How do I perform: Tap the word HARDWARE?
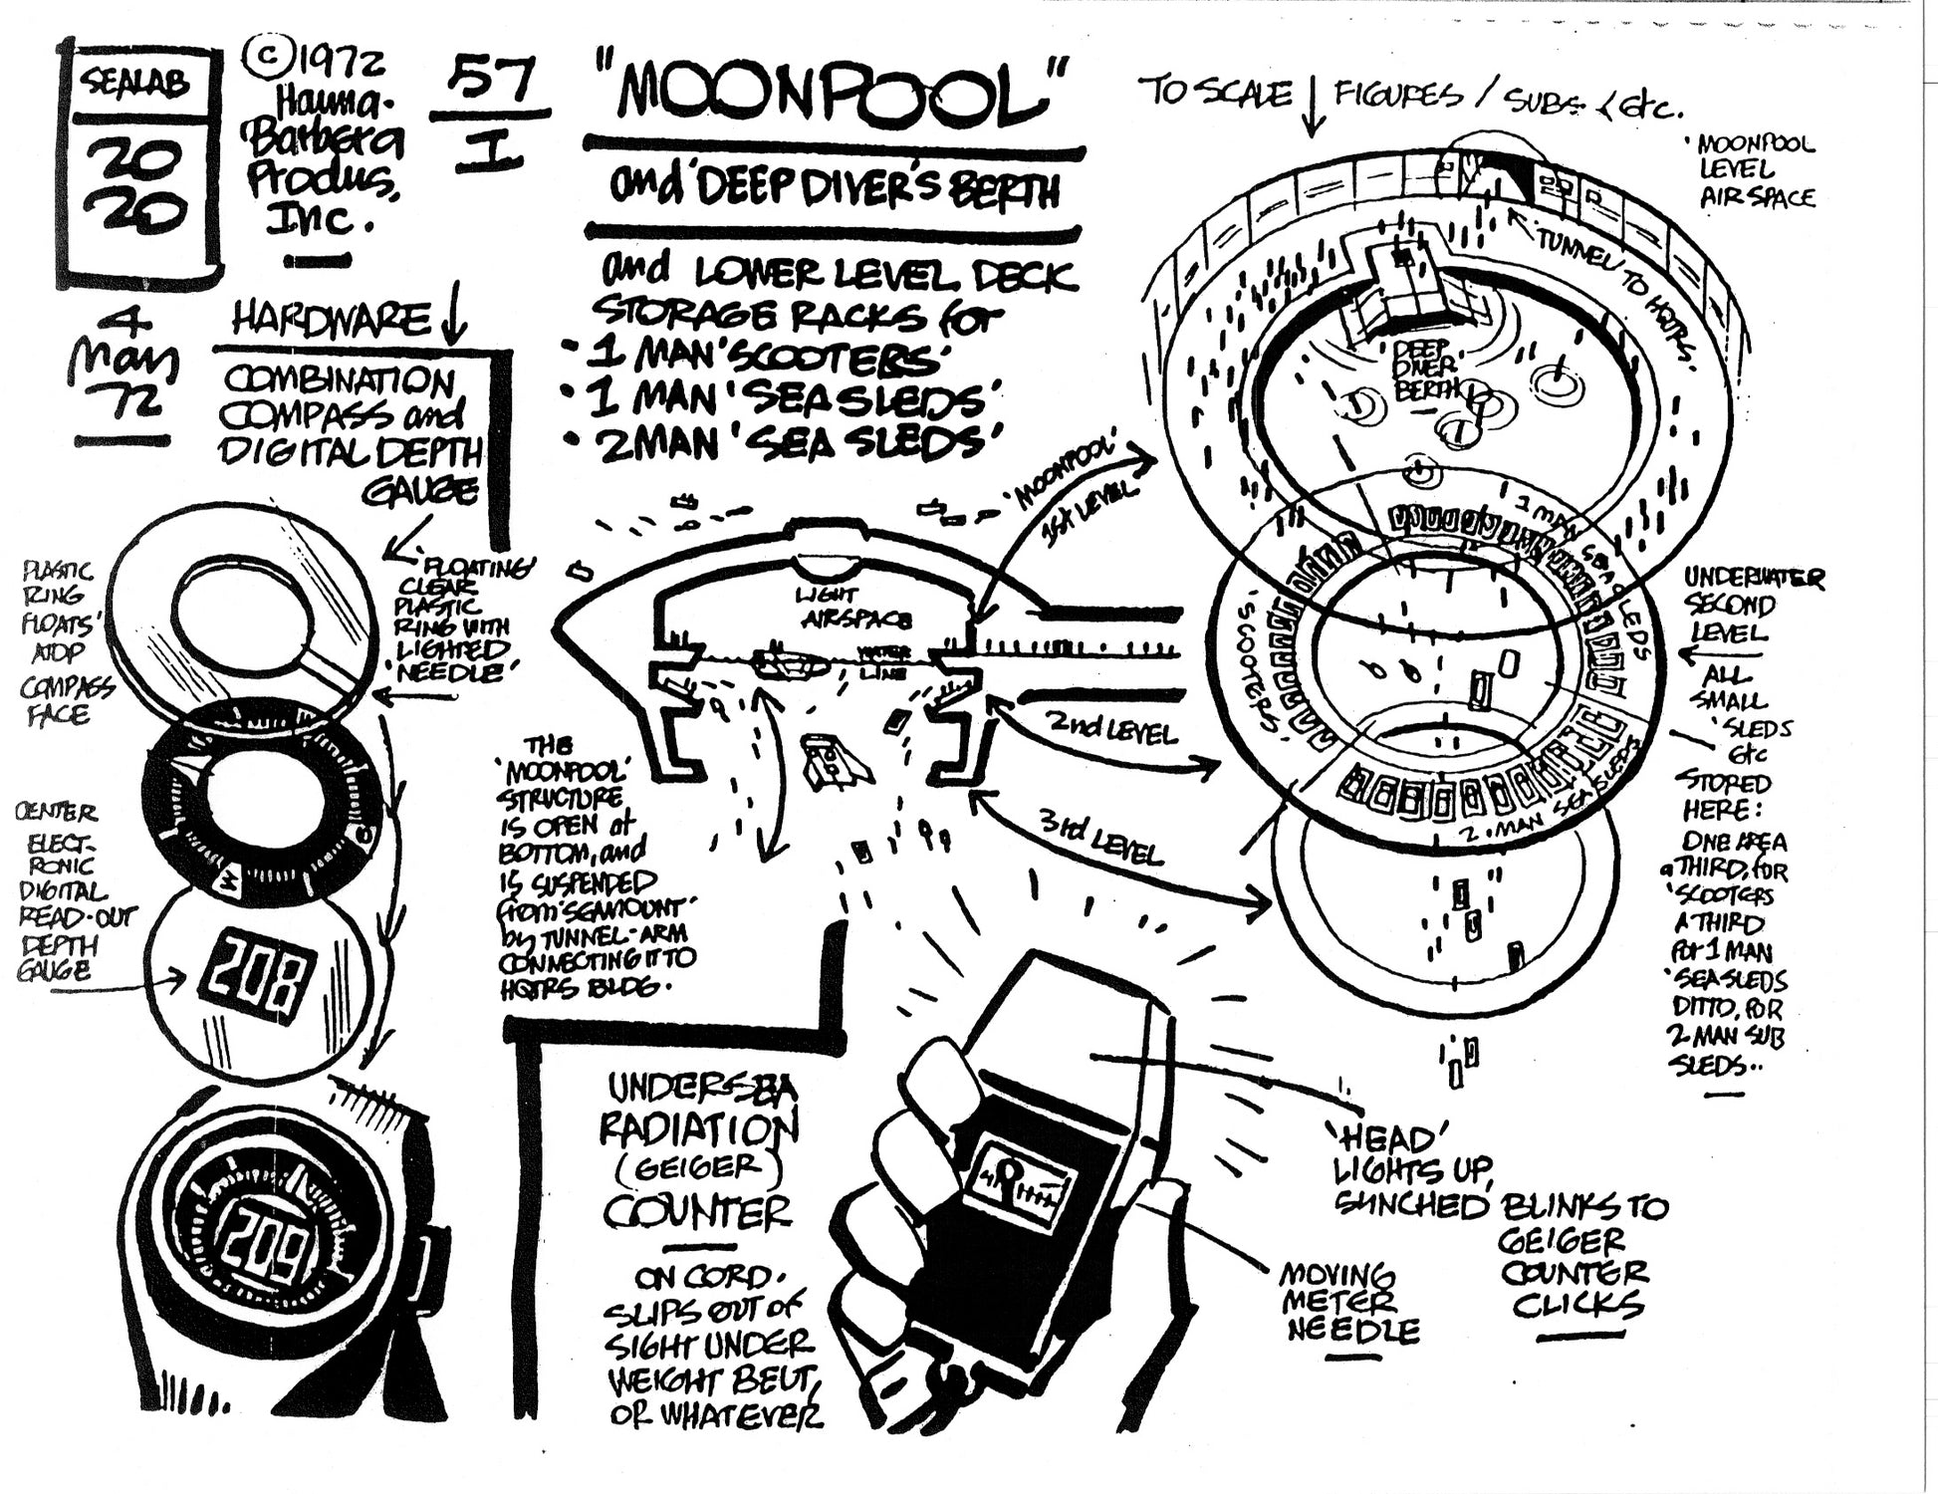coord(329,321)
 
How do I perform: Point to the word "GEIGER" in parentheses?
coord(697,1166)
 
